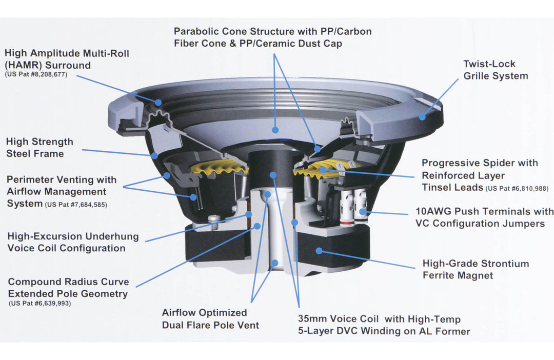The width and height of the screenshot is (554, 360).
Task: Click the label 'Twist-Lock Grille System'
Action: click(x=496, y=70)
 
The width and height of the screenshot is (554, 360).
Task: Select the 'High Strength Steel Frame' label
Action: click(x=39, y=148)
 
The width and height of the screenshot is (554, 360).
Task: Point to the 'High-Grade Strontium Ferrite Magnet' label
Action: click(x=476, y=269)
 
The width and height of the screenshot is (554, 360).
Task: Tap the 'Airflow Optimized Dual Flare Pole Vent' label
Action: click(x=210, y=318)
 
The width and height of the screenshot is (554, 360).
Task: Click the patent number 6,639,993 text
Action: click(x=39, y=304)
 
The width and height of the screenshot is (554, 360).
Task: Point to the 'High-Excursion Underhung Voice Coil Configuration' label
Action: click(x=66, y=242)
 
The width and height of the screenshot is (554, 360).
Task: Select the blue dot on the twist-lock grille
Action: click(x=422, y=117)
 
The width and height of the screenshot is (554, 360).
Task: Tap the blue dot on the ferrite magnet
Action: click(x=319, y=251)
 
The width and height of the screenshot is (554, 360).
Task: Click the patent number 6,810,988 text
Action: click(x=517, y=189)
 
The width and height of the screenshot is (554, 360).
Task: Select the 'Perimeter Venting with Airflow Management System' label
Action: click(x=62, y=192)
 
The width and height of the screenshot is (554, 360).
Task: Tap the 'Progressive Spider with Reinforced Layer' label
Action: click(x=480, y=169)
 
